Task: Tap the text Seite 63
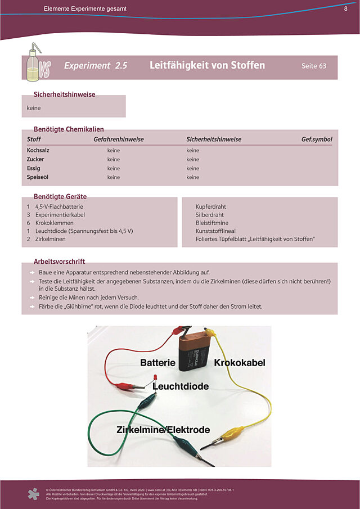pos(313,66)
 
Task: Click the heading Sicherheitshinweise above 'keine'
pos(64,94)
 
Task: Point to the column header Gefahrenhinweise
pos(118,139)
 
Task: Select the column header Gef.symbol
pos(317,139)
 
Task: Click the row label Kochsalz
pos(39,150)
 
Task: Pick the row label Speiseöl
pos(39,177)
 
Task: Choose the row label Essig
pos(34,168)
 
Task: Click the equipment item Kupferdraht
pos(210,206)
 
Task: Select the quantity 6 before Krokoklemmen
pos(28,223)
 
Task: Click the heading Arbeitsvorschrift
pos(59,262)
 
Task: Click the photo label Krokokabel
pos(239,363)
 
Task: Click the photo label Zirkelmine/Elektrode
pos(163,430)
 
